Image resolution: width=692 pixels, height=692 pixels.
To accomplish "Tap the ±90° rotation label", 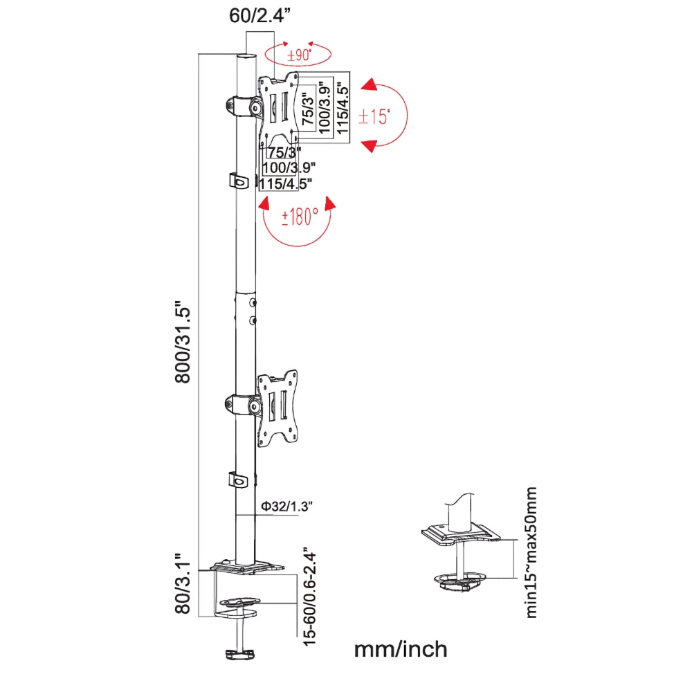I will click(x=298, y=56).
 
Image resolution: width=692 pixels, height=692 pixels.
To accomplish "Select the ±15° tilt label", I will click(x=374, y=116).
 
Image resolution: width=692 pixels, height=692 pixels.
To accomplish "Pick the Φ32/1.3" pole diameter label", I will click(x=286, y=507).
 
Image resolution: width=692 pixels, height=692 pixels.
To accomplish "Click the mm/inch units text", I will click(x=401, y=650).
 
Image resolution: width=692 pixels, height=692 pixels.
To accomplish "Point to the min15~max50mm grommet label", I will click(x=531, y=552).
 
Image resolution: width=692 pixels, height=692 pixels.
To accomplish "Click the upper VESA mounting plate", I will click(x=280, y=109).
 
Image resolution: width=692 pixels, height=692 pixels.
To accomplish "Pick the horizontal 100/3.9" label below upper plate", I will click(x=289, y=167).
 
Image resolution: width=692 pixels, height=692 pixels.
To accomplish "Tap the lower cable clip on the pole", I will click(x=238, y=480).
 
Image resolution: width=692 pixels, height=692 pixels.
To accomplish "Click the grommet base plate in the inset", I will click(x=460, y=534).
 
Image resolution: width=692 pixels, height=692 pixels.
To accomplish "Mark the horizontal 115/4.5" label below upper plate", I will click(x=286, y=183).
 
